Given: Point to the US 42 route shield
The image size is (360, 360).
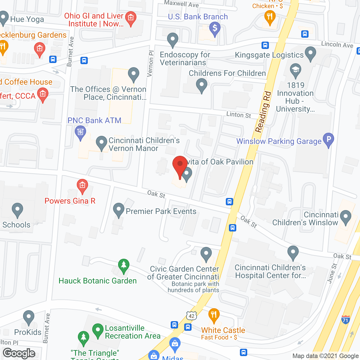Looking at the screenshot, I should (191, 316).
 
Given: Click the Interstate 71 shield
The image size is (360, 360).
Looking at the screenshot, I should (345, 319).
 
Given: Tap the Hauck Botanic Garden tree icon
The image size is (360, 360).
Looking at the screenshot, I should (123, 265).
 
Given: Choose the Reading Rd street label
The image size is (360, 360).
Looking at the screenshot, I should (263, 112).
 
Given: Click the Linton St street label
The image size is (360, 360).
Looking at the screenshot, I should (239, 115).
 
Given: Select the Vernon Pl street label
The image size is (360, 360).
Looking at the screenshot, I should (151, 64).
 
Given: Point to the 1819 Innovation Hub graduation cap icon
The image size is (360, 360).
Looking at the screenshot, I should (296, 69).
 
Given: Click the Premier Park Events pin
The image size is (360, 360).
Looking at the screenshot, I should (118, 210).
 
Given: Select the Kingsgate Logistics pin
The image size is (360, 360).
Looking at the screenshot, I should (310, 53).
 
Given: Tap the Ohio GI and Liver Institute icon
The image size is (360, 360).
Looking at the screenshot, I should (130, 18).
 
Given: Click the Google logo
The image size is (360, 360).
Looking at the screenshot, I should (19, 353).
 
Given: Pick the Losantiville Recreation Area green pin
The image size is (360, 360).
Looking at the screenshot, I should (98, 330).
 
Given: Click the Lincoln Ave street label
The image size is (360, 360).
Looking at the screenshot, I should (337, 44).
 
